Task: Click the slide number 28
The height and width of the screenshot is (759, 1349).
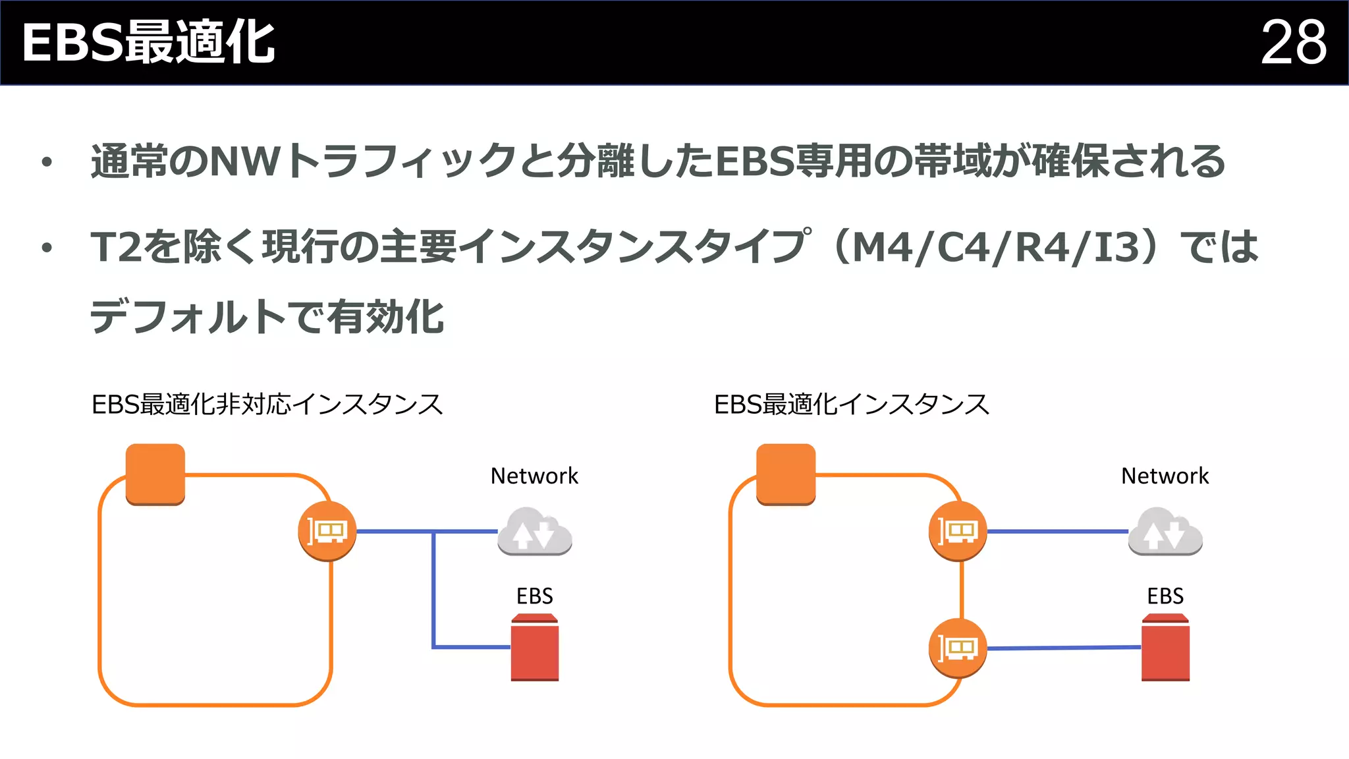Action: [x=1293, y=43]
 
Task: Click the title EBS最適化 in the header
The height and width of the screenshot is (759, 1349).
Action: [x=149, y=43]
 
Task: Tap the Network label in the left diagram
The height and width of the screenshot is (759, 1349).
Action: [x=534, y=476]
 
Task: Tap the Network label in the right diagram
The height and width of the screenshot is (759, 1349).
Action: [x=1165, y=476]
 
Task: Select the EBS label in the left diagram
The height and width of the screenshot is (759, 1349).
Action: [x=534, y=596]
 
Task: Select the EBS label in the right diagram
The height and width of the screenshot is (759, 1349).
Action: [x=1165, y=596]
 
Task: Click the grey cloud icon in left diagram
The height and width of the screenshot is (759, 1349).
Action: [x=534, y=531]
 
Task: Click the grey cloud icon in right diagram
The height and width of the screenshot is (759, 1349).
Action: [x=1165, y=531]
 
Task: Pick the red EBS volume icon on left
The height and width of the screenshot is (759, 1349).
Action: [x=534, y=648]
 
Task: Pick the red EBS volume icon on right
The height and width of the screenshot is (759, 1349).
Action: [x=1165, y=648]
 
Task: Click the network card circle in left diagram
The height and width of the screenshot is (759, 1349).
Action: [x=327, y=531]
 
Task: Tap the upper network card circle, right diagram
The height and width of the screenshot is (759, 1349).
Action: [x=958, y=531]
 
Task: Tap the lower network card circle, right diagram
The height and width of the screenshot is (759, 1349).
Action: [x=958, y=648]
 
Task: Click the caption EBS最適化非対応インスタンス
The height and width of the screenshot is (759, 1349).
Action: [x=267, y=405]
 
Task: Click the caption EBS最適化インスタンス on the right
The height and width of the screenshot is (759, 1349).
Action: [x=851, y=405]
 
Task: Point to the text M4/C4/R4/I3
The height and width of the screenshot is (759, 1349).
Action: [x=995, y=248]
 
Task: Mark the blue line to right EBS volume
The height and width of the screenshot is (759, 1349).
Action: [x=1064, y=648]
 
